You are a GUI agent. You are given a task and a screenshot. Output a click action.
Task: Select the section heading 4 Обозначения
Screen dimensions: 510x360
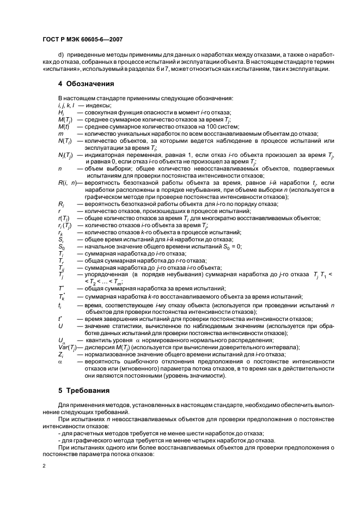pyautogui.click(x=86, y=84)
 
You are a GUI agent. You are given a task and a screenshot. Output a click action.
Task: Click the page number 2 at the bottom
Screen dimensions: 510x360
pyautogui.click(x=44, y=466)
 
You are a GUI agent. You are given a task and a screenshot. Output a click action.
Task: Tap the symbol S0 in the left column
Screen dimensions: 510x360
pyautogui.click(x=61, y=246)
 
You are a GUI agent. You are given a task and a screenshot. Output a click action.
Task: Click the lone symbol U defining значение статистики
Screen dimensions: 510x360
pyautogui.click(x=60, y=325)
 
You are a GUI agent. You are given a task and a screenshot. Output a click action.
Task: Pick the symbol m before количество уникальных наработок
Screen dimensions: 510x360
pyautogui.click(x=60, y=133)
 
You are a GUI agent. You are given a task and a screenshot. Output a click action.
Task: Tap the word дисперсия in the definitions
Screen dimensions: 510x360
pyautogui.click(x=101, y=347)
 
